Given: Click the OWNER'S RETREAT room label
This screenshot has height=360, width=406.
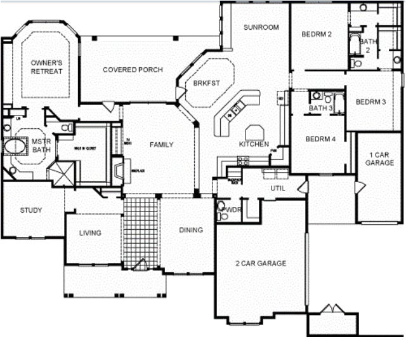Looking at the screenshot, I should click(x=46, y=67).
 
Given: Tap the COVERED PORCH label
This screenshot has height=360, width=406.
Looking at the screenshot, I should click(x=133, y=70).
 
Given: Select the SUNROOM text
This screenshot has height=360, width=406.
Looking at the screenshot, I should click(x=261, y=27).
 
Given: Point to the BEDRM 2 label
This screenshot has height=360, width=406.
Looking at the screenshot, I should click(x=317, y=34).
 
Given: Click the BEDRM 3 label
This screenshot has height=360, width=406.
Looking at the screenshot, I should click(x=370, y=102).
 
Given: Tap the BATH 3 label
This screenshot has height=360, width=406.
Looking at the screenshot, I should click(x=320, y=109).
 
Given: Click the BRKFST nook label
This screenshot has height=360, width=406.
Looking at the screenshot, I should click(x=207, y=83).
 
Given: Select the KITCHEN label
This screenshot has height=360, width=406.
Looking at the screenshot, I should click(x=254, y=144).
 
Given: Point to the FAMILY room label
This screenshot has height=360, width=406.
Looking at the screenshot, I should click(x=161, y=145).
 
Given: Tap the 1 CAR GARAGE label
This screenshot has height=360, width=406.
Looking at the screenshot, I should click(x=380, y=158).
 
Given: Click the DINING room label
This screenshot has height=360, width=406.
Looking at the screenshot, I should click(x=191, y=230).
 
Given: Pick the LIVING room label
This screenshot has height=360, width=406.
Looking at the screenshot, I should click(x=90, y=233).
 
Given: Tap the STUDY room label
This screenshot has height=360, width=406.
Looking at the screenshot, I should click(x=30, y=210).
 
